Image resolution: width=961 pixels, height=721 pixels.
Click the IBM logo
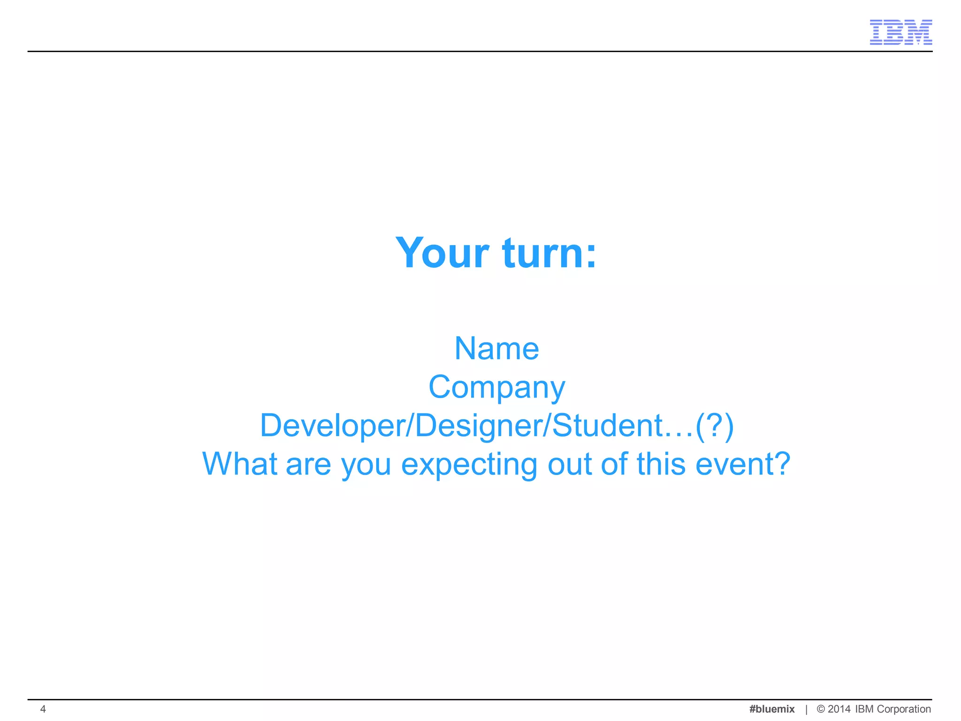point(900,32)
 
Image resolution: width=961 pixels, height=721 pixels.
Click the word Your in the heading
point(442,253)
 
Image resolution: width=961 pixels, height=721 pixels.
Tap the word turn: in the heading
point(549,253)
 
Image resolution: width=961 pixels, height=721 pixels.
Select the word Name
point(496,349)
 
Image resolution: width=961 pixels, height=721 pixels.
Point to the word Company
point(496,388)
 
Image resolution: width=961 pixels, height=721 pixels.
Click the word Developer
point(334,426)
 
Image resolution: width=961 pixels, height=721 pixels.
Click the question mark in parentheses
point(714,426)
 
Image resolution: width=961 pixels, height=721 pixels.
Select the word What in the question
point(239,464)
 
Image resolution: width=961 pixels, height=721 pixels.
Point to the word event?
point(743,464)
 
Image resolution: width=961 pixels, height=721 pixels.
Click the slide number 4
point(43,709)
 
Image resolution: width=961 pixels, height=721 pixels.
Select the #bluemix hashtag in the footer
point(772,709)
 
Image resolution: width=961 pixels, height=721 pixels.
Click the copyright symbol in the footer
point(821,709)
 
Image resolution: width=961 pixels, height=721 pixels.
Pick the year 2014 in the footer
point(839,709)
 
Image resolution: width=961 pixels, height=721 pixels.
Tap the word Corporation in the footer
point(904,709)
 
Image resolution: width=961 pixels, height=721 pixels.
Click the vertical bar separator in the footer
point(806,709)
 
